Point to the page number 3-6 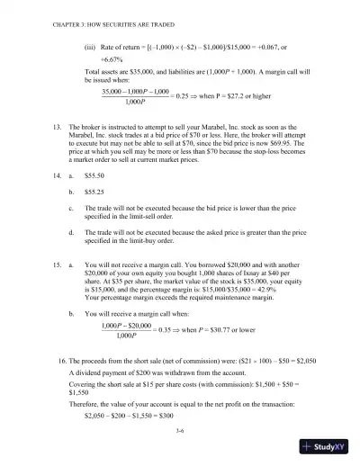181,433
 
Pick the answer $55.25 95,193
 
